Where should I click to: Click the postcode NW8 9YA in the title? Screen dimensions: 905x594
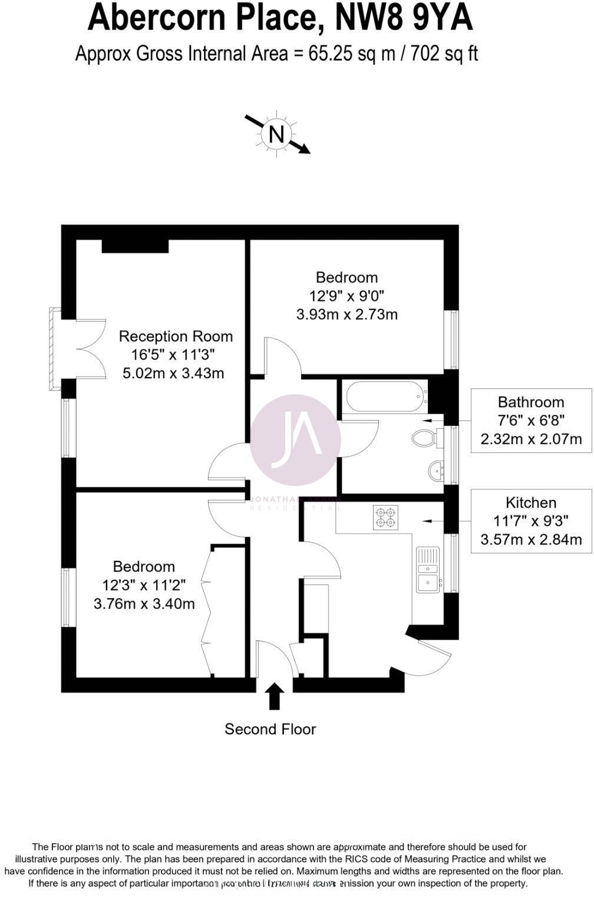pyautogui.click(x=404, y=18)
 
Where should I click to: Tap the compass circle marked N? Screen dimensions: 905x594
pyautogui.click(x=276, y=134)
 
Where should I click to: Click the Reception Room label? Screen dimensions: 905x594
pyautogui.click(x=176, y=336)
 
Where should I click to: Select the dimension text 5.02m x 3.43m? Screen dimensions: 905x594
pyautogui.click(x=173, y=373)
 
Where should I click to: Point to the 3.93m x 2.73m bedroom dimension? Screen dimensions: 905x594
pyautogui.click(x=346, y=314)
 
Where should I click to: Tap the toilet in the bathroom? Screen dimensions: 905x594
pyautogui.click(x=424, y=437)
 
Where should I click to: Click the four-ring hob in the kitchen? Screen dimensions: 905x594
pyautogui.click(x=386, y=517)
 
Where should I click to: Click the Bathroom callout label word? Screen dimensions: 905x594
pyautogui.click(x=531, y=402)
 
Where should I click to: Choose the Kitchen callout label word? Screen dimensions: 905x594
pyautogui.click(x=531, y=503)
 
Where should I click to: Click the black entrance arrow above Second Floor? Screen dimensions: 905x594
pyautogui.click(x=275, y=696)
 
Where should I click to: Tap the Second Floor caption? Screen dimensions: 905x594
pyautogui.click(x=270, y=729)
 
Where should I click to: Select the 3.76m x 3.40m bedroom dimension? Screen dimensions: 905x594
pyautogui.click(x=144, y=603)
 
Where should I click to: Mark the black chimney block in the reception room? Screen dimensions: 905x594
pyautogui.click(x=136, y=246)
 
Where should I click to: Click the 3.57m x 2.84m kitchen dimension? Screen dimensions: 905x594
pyautogui.click(x=531, y=539)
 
